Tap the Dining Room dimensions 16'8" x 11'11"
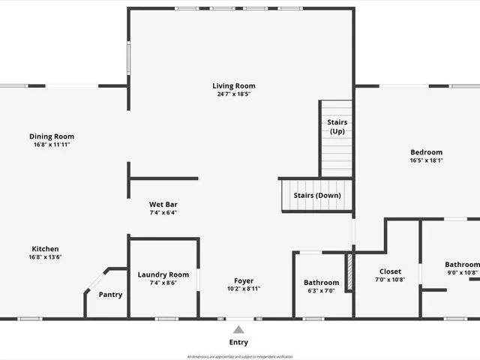(x=52, y=144)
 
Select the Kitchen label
(x=45, y=249)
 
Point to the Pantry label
(x=110, y=295)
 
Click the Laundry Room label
(x=163, y=274)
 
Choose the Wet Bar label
(x=163, y=204)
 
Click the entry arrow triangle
(x=238, y=329)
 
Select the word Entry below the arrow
(x=238, y=343)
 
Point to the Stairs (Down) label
(x=316, y=196)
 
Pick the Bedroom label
(x=426, y=152)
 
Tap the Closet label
(x=390, y=271)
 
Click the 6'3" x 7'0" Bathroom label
(x=321, y=283)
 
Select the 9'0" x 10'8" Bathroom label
(x=461, y=264)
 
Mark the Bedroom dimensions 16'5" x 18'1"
(x=426, y=160)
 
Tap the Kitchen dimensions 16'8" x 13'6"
(x=45, y=257)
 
